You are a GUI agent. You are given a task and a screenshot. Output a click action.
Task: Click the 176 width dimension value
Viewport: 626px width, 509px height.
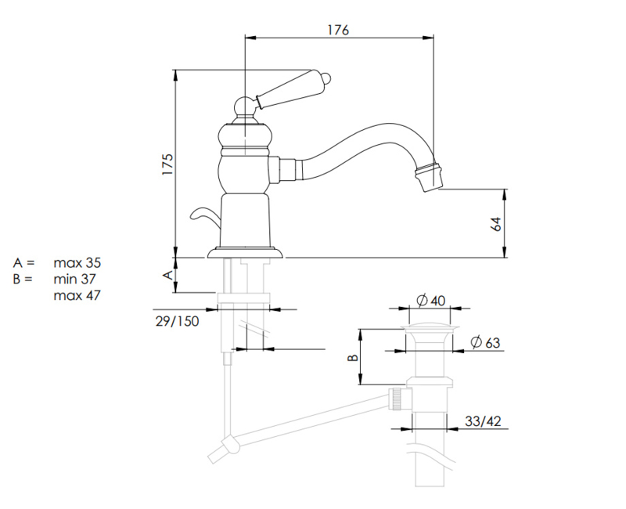pos(338,30)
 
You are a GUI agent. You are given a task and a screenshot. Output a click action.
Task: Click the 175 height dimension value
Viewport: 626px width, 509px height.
pos(167,164)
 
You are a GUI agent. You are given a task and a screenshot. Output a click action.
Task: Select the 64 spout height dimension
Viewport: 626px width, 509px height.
pos(495,223)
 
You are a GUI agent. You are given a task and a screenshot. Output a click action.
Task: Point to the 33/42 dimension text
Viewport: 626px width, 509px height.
pos(482,421)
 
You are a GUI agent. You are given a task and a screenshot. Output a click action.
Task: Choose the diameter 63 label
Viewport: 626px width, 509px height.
pos(485,343)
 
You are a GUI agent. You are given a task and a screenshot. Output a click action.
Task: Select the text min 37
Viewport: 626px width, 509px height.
pos(77,279)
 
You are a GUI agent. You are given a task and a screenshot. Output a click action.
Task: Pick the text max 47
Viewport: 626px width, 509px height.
pos(77,295)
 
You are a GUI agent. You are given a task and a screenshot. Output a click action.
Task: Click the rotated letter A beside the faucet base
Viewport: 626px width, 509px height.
pos(166,275)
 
